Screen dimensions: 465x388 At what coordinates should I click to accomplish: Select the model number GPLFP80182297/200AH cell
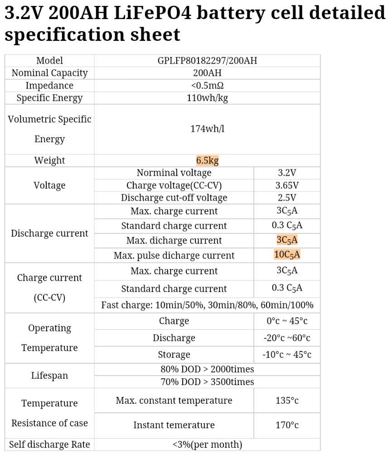pos(207,60)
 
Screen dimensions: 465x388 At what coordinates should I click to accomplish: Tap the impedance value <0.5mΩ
pos(207,85)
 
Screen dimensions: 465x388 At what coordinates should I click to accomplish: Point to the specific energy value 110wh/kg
pos(207,98)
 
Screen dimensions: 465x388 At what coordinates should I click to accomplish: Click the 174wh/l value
pos(207,129)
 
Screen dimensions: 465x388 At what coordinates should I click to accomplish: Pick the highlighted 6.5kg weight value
pos(207,160)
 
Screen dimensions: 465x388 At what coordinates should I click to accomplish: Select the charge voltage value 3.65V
pos(287,185)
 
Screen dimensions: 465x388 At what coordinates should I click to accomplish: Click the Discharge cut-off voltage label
pos(174,198)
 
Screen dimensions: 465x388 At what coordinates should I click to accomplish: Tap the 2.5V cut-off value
pos(287,198)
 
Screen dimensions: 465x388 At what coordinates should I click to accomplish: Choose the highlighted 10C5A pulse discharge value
pos(287,255)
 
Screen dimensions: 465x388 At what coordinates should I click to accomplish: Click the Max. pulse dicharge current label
pos(174,255)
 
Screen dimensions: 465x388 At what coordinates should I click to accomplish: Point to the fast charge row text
pos(207,305)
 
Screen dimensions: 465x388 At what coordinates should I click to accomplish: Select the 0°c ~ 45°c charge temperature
pos(287,321)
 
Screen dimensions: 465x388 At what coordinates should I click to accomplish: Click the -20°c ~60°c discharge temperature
pos(287,338)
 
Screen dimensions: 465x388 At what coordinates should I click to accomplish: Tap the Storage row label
pos(174,355)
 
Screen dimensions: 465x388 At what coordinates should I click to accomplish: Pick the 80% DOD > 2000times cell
pos(207,369)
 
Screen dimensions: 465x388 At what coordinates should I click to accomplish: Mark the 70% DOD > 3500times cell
pos(207,382)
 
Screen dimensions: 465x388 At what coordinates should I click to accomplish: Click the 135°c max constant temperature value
pos(287,401)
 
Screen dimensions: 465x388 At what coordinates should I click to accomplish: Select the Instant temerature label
pos(174,425)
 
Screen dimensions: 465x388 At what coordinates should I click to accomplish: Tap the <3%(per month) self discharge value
pos(207,444)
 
